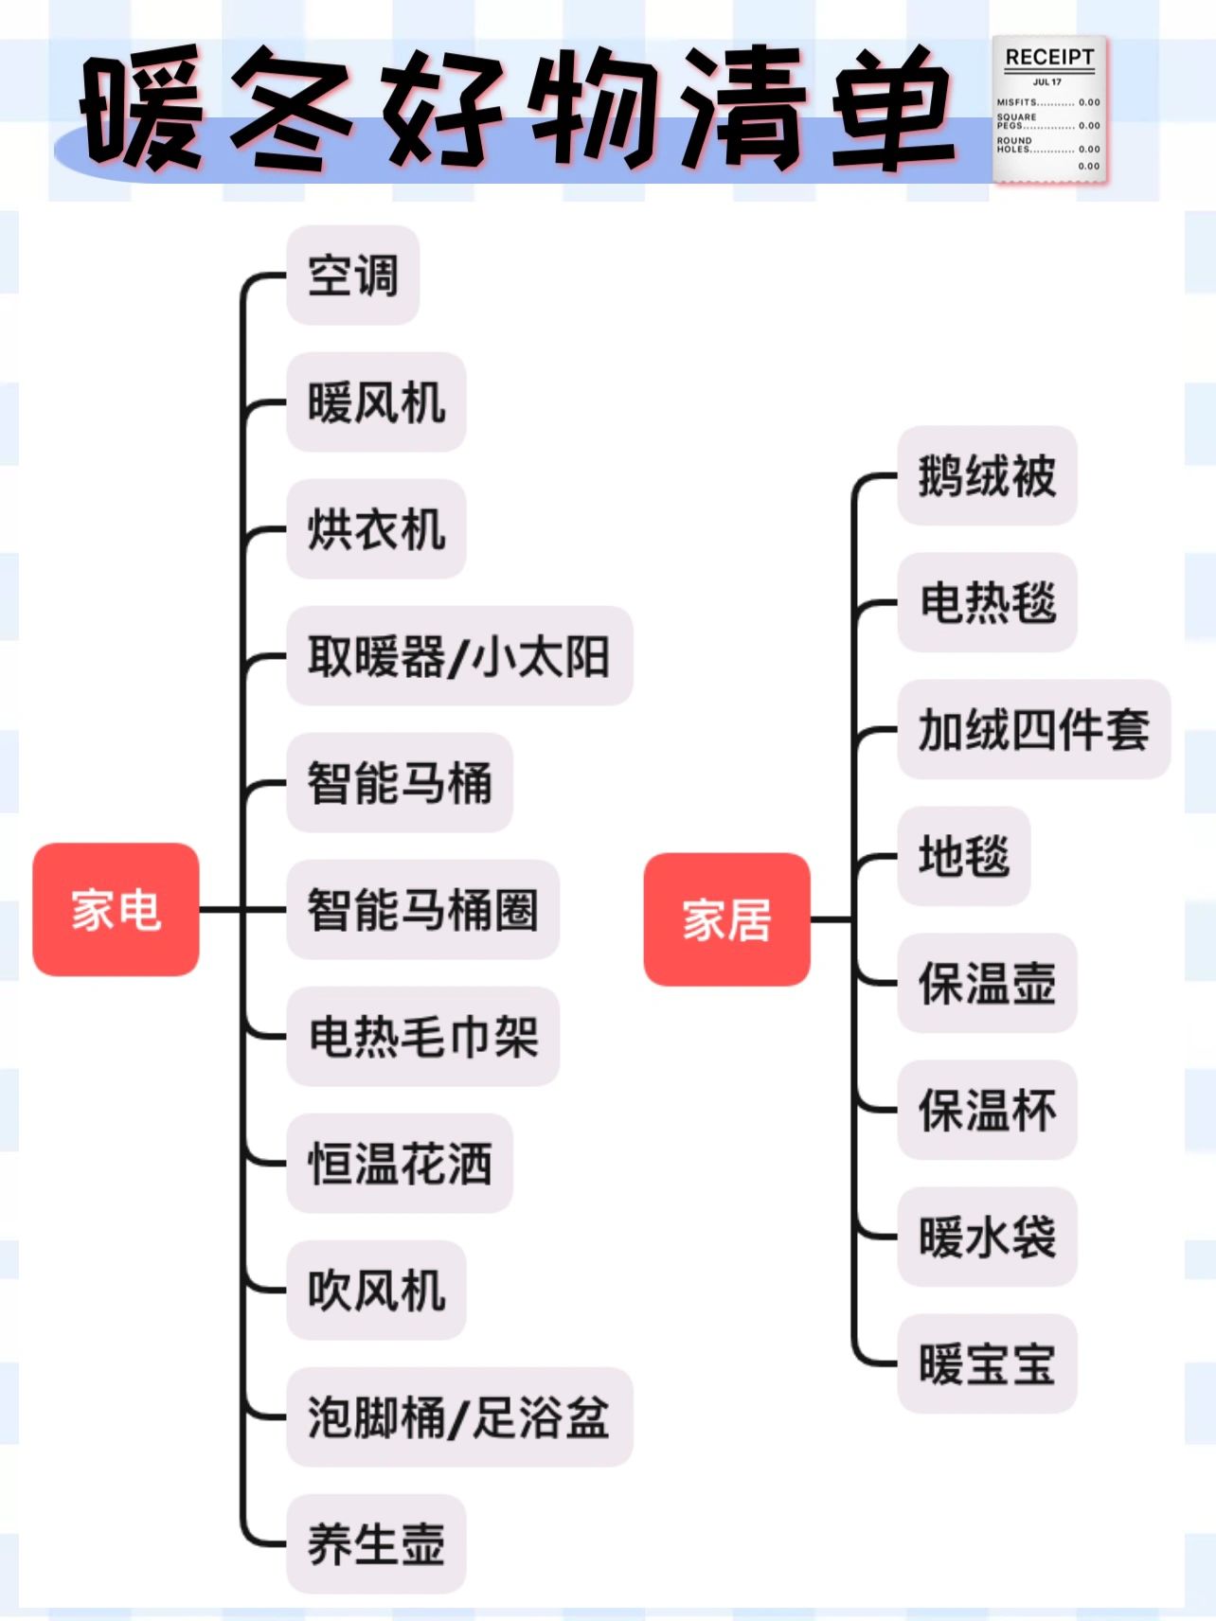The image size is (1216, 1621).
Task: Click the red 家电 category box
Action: (x=116, y=910)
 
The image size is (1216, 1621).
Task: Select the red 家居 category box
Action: (x=726, y=919)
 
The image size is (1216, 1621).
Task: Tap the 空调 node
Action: (x=352, y=276)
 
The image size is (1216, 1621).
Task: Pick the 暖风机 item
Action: (x=376, y=402)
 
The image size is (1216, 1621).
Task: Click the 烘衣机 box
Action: (x=376, y=529)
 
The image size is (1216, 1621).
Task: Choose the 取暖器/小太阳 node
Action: (x=458, y=656)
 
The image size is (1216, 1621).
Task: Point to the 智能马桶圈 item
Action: (x=422, y=910)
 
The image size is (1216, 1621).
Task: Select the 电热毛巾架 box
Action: (x=422, y=1037)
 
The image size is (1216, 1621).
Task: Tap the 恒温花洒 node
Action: (x=399, y=1164)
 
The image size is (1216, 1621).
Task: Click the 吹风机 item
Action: (x=376, y=1291)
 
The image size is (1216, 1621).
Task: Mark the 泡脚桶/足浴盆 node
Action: (x=458, y=1417)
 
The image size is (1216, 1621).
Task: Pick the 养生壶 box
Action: (x=376, y=1544)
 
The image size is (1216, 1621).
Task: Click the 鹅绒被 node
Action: (x=987, y=476)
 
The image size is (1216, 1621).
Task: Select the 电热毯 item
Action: (x=987, y=603)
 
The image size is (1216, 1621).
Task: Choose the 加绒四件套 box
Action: (x=1033, y=730)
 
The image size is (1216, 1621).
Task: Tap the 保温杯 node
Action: (x=987, y=1111)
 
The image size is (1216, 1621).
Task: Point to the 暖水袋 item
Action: (x=987, y=1238)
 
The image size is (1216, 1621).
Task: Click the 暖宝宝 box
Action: (x=987, y=1364)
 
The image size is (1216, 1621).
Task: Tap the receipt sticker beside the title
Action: (x=1049, y=111)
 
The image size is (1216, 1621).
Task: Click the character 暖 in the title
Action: (x=142, y=112)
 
